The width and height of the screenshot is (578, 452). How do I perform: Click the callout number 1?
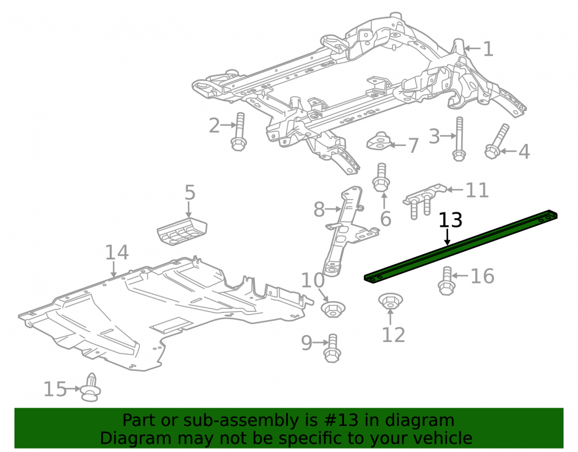coord(488,49)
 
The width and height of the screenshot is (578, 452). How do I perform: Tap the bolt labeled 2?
coord(239,131)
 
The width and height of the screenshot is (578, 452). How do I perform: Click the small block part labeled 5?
coord(181,230)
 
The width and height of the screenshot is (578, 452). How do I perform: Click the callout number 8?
coord(319,209)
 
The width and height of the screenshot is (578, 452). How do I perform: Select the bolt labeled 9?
coord(332,348)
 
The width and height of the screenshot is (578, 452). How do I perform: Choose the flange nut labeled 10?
coord(333,309)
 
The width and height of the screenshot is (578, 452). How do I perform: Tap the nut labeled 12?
coord(390,301)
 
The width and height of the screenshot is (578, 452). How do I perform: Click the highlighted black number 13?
coord(450,221)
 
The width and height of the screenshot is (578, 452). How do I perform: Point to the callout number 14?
coord(117,252)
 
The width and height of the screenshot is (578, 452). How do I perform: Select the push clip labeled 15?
coord(91,387)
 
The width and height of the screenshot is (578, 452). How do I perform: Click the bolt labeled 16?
coord(446,281)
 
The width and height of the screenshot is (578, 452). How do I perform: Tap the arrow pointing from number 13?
coord(447,237)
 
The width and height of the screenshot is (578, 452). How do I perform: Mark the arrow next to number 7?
coord(398,145)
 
